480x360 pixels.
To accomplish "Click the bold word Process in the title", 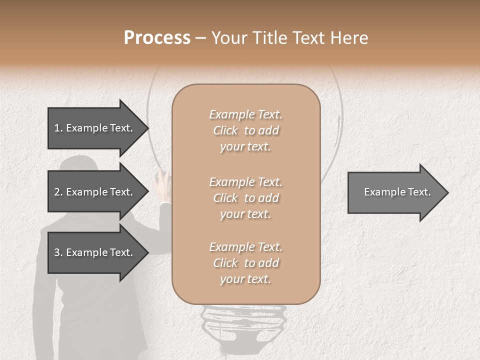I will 157,38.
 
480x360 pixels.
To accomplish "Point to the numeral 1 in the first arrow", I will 56,128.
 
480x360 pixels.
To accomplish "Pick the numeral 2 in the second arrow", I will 57,192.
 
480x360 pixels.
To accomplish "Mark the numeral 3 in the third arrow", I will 57,252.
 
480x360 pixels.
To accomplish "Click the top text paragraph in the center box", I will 245,130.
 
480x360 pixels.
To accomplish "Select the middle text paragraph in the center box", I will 245,198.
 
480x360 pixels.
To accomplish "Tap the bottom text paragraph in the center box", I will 245,263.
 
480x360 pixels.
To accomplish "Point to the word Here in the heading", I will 350,38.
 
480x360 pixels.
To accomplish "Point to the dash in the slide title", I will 201,38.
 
